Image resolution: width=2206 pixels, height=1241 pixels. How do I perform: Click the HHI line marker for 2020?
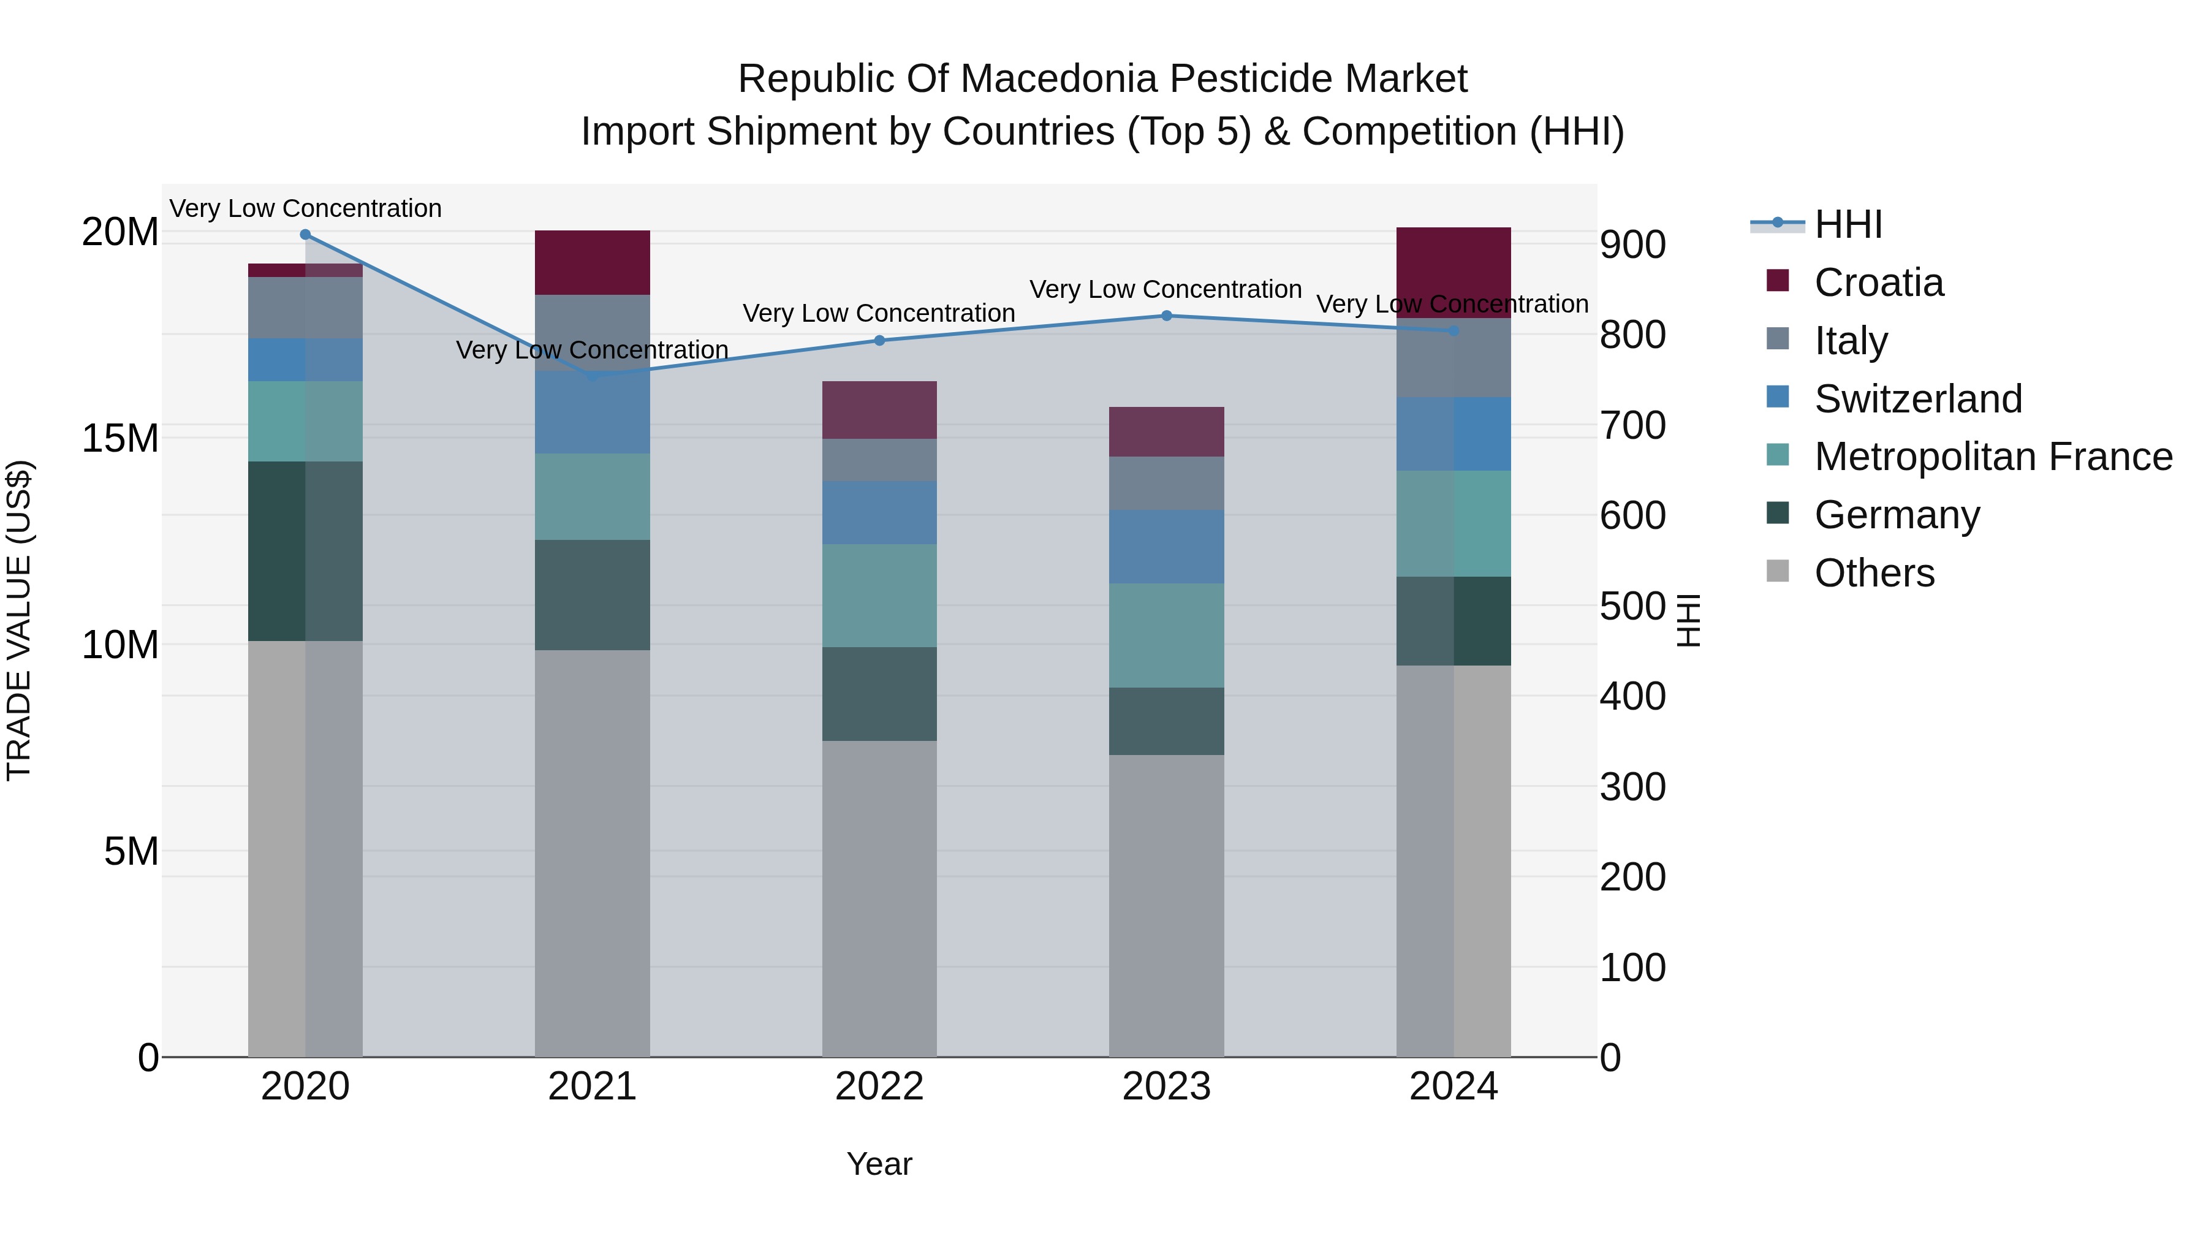(305, 235)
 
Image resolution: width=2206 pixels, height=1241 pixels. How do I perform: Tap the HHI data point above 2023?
(1166, 316)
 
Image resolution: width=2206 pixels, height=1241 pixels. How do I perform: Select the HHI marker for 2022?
(879, 341)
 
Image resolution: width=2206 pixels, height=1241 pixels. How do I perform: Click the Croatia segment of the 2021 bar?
(592, 262)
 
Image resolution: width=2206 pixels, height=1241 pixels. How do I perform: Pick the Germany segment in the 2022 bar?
(879, 694)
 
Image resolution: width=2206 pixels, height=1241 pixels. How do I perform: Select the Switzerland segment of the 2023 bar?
(1166, 547)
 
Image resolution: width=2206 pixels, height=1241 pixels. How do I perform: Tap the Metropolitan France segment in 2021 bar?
(592, 497)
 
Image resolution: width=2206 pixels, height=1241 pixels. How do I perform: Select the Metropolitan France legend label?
(1993, 457)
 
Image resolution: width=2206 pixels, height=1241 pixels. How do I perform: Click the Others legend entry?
(1874, 573)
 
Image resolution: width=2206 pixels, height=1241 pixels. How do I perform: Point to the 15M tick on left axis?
(120, 439)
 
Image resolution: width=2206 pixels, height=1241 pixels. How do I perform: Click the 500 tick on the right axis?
(1632, 606)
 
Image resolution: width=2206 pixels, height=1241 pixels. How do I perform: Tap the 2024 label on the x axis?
(1454, 1087)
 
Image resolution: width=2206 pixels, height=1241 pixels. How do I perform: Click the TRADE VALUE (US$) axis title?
(19, 620)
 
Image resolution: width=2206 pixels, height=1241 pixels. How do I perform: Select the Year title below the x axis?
(879, 1164)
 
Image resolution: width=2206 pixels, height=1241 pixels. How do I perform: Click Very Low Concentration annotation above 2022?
(879, 313)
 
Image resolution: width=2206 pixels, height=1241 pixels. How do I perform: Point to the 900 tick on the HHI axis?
(1632, 245)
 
